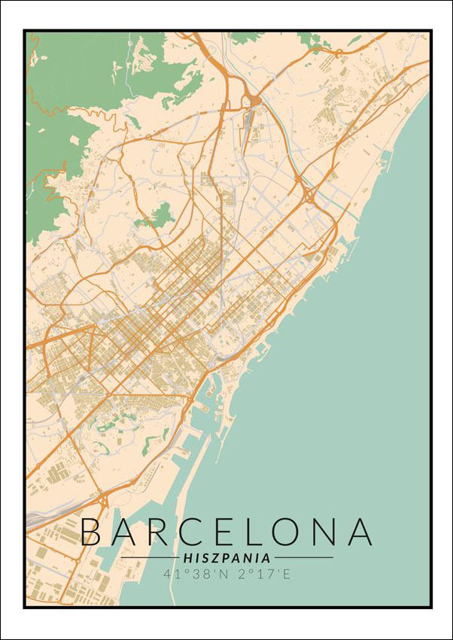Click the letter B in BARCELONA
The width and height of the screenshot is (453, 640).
point(92,532)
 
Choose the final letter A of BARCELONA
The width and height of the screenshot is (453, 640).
point(359,532)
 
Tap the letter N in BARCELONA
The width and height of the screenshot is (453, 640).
point(325,532)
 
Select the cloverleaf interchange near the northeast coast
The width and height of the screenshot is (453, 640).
point(309,196)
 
